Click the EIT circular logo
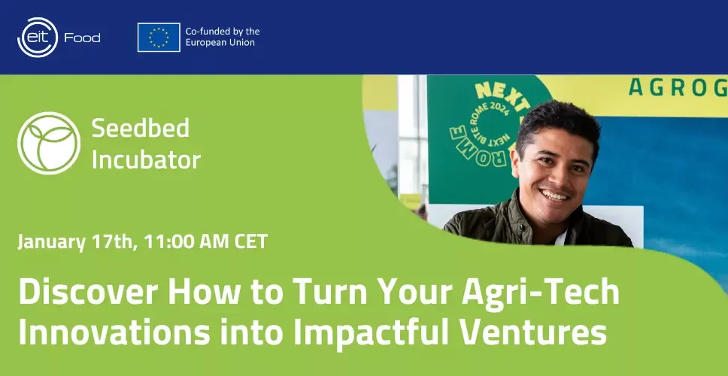pos(38,37)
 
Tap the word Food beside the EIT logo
pos(82,38)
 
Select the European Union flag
pos(159,37)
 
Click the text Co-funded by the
pos(223,32)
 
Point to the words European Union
pos(220,43)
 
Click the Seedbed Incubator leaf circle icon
pos(49,143)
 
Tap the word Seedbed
pos(140,128)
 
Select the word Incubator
pos(146,159)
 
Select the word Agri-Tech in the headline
pos(540,293)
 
